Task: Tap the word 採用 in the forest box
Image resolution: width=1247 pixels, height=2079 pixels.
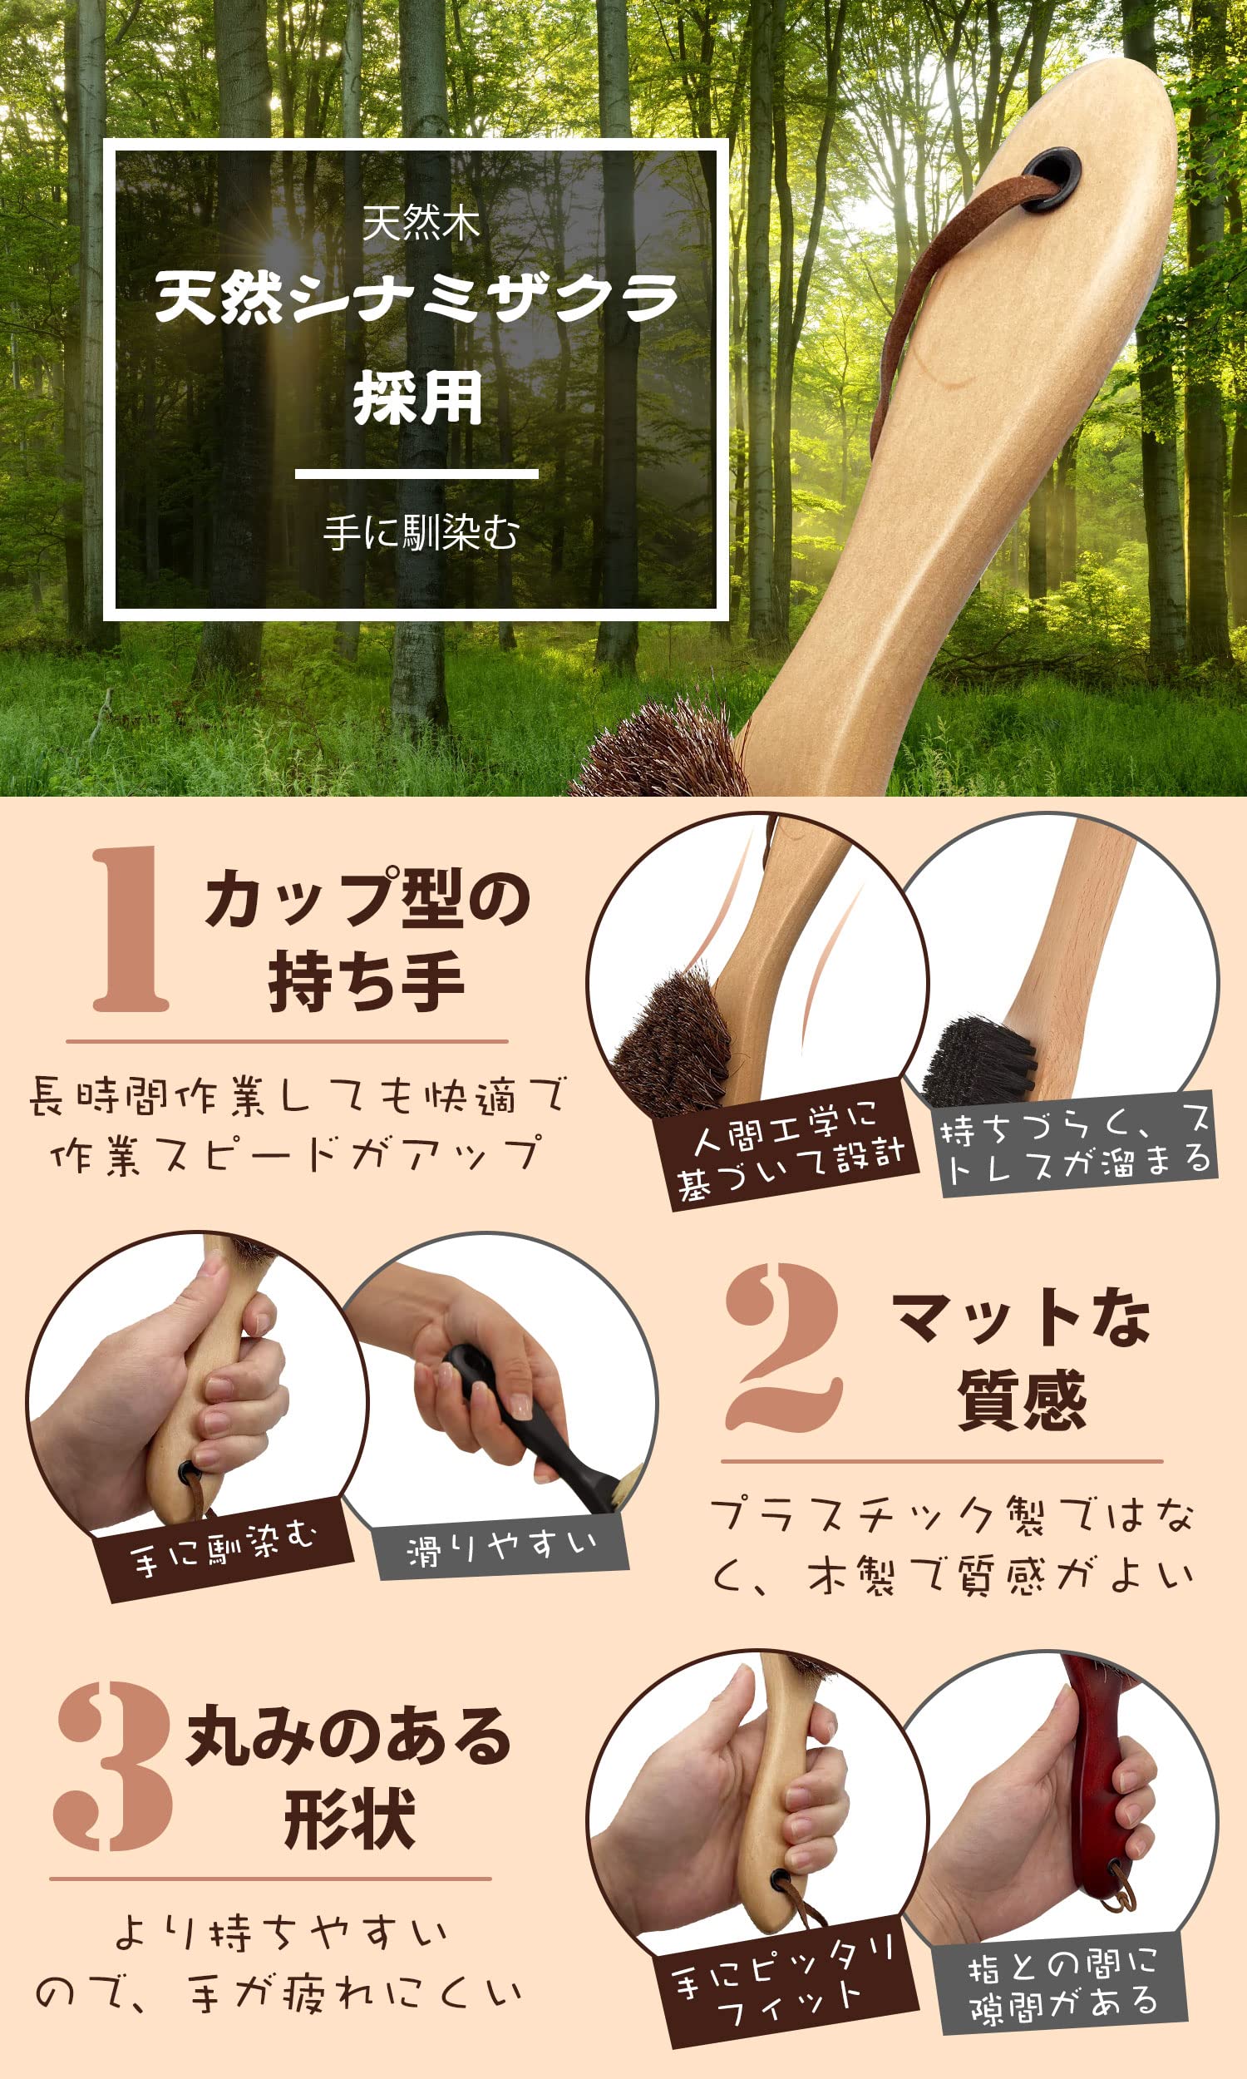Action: pyautogui.click(x=417, y=398)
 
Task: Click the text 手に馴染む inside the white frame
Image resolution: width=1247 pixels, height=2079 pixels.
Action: pyautogui.click(x=421, y=533)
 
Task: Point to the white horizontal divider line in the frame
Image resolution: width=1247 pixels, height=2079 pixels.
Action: pyautogui.click(x=416, y=474)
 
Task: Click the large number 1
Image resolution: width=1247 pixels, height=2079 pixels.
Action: pyautogui.click(x=131, y=928)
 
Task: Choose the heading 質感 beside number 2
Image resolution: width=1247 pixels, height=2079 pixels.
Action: pyautogui.click(x=1022, y=1399)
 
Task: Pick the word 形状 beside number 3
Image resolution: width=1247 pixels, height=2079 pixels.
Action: pyautogui.click(x=349, y=1819)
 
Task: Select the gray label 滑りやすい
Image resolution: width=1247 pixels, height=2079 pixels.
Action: pyautogui.click(x=501, y=1546)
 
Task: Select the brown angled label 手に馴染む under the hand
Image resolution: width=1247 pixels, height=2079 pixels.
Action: pyautogui.click(x=223, y=1548)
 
